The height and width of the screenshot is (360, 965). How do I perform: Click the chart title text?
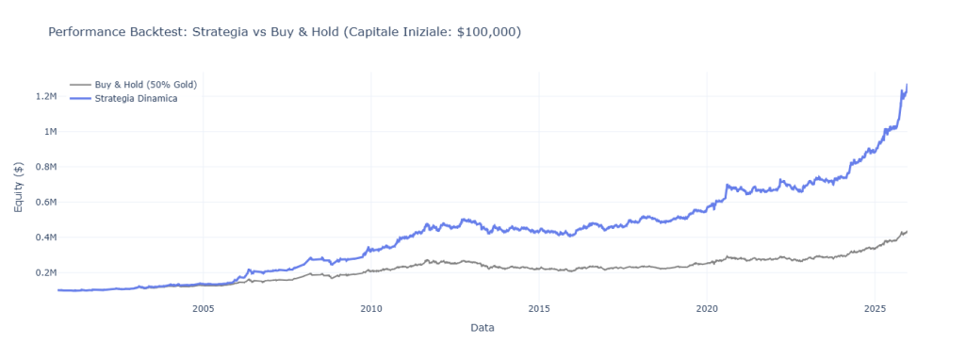point(284,32)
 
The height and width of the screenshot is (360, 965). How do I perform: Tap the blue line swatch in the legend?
point(80,98)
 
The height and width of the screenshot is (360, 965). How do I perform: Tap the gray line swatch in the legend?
point(80,85)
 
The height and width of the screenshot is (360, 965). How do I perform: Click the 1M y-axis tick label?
point(47,131)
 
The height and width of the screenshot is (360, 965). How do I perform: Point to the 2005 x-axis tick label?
point(203,308)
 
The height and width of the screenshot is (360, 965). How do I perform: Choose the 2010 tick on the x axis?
point(371,308)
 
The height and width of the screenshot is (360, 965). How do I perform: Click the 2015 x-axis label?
point(539,308)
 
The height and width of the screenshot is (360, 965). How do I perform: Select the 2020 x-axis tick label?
point(707,308)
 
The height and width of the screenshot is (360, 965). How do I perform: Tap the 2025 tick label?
point(875,308)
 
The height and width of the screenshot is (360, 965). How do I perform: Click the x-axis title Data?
point(482,328)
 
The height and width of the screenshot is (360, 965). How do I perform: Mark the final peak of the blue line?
point(907,86)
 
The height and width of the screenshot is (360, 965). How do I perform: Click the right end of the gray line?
point(907,231)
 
